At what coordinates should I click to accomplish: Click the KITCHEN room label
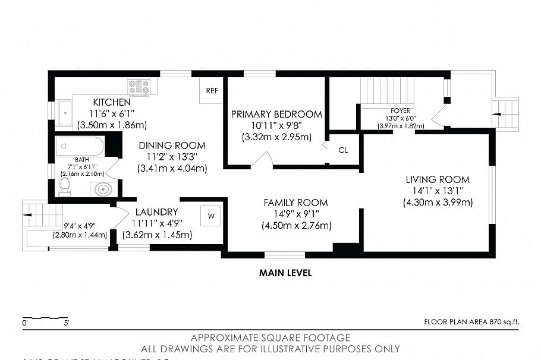(x=112, y=102)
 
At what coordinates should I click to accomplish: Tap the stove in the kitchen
(x=139, y=87)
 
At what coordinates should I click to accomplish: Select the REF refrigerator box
(x=212, y=91)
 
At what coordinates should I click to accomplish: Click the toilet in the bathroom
(x=65, y=187)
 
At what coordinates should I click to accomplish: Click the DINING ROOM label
(x=172, y=146)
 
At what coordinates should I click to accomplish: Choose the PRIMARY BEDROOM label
(x=276, y=114)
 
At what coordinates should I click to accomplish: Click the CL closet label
(x=343, y=150)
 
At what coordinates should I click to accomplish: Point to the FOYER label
(x=400, y=110)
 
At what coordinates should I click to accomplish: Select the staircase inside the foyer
(x=386, y=91)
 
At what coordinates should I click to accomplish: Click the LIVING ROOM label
(x=438, y=179)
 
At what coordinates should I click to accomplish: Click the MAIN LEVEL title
(x=285, y=273)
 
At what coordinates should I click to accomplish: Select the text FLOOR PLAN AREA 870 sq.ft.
(x=471, y=322)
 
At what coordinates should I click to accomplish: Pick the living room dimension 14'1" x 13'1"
(x=438, y=191)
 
